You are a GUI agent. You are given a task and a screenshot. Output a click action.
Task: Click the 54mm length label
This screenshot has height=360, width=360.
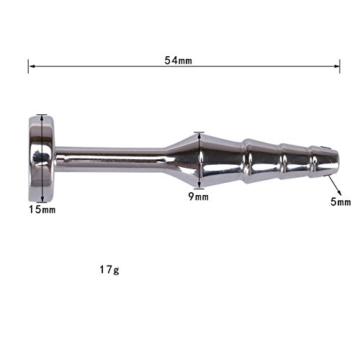click(179, 60)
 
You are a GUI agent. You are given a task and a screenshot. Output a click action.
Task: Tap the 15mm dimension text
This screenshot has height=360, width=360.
click(42, 210)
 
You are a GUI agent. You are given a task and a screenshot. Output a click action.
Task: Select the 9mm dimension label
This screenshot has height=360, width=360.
click(199, 197)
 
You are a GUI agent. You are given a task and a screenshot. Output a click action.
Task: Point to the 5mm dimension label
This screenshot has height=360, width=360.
click(341, 202)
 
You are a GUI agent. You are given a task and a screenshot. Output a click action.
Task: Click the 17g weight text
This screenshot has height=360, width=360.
click(109, 270)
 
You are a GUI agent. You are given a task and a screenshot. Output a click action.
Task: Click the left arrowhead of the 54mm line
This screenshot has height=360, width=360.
click(32, 66)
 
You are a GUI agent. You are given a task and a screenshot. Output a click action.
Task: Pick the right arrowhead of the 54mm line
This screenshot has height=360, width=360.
click(336, 66)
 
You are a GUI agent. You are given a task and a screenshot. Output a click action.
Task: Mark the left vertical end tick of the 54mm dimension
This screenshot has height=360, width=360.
click(28, 66)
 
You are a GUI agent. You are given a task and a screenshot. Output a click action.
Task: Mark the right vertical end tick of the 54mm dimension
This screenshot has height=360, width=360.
click(340, 66)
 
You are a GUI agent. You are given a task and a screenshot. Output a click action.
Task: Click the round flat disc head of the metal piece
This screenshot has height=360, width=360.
click(42, 158)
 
